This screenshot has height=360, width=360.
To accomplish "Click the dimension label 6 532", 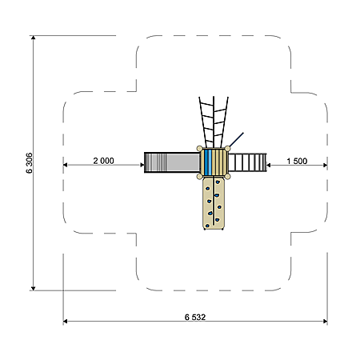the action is (x=195, y=317).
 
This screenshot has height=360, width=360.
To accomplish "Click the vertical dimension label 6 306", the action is (x=29, y=163).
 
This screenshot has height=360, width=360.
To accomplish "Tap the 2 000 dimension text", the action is (x=103, y=161).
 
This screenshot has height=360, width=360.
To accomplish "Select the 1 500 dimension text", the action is (x=297, y=161).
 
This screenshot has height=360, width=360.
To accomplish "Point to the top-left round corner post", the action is (x=199, y=149).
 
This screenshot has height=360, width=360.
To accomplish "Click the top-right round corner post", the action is (x=227, y=149).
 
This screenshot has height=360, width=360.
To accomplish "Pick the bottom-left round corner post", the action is (x=199, y=177).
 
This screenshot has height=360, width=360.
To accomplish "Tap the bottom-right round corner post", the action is (x=227, y=177).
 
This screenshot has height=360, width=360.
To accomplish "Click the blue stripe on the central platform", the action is (x=208, y=162).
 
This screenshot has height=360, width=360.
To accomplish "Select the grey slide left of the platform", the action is (x=172, y=162).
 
